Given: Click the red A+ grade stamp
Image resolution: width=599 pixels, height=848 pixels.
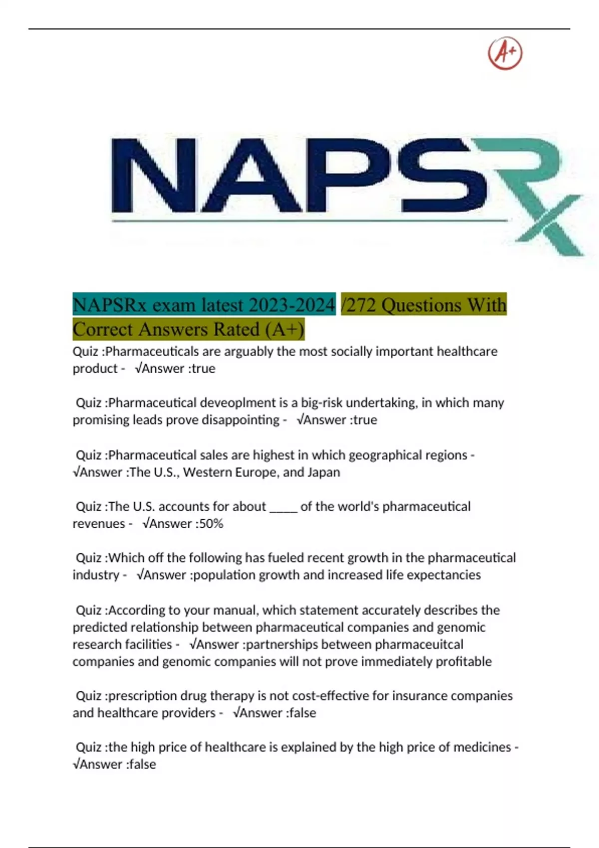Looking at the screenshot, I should point(505,53).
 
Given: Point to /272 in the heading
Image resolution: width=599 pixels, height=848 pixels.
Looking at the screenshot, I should point(358,305).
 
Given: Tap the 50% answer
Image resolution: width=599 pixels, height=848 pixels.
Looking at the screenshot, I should point(211,524).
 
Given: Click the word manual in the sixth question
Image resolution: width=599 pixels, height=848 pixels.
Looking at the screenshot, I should point(237,611).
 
